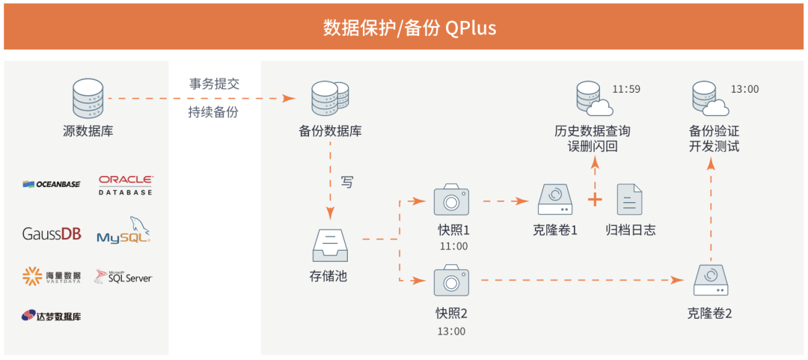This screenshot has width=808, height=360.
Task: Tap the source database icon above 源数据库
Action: coord(88,98)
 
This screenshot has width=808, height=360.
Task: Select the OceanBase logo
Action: coord(52,184)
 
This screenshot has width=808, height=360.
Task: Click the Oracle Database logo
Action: coord(126,185)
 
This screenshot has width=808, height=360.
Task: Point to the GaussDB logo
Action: coord(52,234)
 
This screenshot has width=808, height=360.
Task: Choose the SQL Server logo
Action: coord(124,277)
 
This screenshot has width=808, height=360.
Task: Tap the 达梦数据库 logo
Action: coord(52,316)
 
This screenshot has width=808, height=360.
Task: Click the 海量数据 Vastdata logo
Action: coord(52,277)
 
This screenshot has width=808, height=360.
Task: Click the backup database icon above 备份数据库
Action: coord(329,98)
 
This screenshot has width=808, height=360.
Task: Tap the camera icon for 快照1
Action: coord(452,201)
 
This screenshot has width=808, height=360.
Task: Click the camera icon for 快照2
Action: coord(452,280)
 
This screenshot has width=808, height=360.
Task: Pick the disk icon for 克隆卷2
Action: coord(709,280)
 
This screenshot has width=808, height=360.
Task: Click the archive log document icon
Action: coord(629,201)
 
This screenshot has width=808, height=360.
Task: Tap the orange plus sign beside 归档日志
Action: coord(595,201)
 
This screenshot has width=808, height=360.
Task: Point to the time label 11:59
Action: coord(626,89)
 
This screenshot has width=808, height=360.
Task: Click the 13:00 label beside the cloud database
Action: coord(744,89)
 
